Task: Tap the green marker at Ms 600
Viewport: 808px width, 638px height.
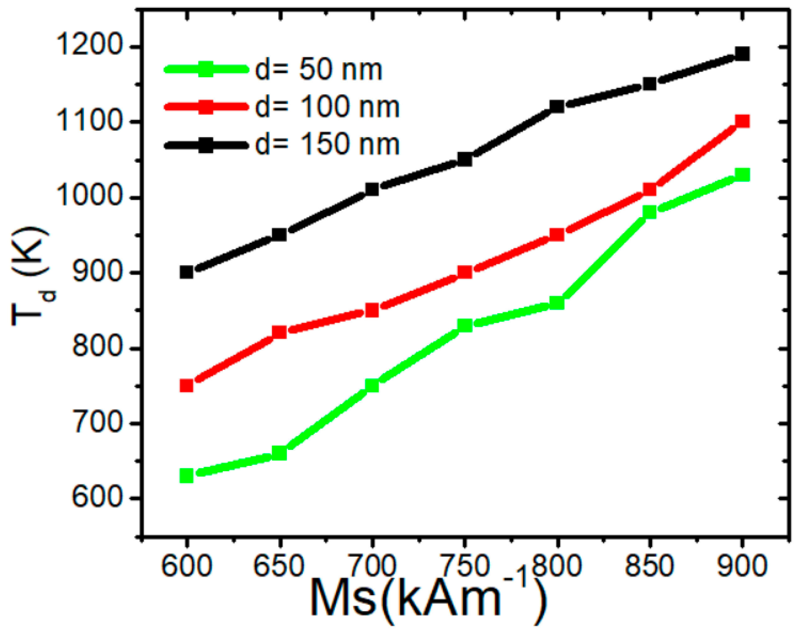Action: (187, 476)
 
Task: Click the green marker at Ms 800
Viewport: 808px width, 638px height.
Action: (557, 303)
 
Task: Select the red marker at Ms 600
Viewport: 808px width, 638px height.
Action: (187, 385)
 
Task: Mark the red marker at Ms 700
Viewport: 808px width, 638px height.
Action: (372, 310)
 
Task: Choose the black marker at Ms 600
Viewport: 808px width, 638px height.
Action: (187, 272)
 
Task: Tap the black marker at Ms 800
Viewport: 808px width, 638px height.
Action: (557, 106)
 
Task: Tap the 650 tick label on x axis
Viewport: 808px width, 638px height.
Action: (279, 565)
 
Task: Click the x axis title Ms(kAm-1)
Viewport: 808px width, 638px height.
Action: (428, 601)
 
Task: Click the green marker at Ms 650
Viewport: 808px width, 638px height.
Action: (279, 453)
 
